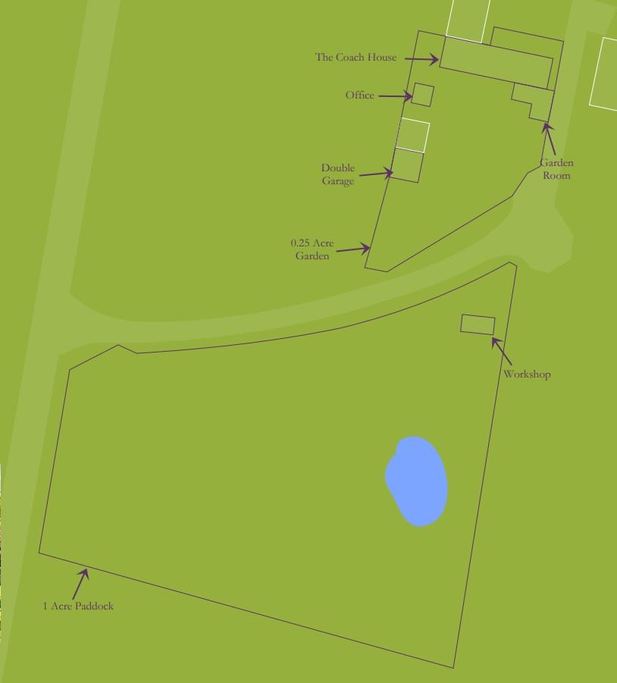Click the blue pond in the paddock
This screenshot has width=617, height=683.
click(x=416, y=481)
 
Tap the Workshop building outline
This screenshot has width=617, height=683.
click(x=478, y=324)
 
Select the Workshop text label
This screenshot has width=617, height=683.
click(x=527, y=374)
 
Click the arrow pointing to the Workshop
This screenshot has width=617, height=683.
click(x=502, y=352)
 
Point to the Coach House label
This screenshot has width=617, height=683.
click(x=355, y=57)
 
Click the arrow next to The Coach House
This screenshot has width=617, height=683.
click(x=421, y=58)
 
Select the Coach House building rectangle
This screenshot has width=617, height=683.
click(x=496, y=61)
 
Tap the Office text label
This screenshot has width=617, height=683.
click(x=359, y=95)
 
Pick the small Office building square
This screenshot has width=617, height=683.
click(x=423, y=95)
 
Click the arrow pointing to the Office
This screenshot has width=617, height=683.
click(x=394, y=96)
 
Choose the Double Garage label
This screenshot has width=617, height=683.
click(x=337, y=174)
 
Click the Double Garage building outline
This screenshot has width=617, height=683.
click(x=406, y=165)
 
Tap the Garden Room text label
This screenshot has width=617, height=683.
click(x=556, y=169)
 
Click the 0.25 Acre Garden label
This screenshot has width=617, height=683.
click(x=312, y=249)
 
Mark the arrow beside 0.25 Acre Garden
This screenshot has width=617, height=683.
click(x=353, y=248)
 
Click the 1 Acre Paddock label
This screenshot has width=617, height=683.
click(x=78, y=606)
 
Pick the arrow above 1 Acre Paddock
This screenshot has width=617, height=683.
click(x=80, y=584)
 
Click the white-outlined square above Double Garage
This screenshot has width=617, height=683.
click(x=413, y=135)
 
